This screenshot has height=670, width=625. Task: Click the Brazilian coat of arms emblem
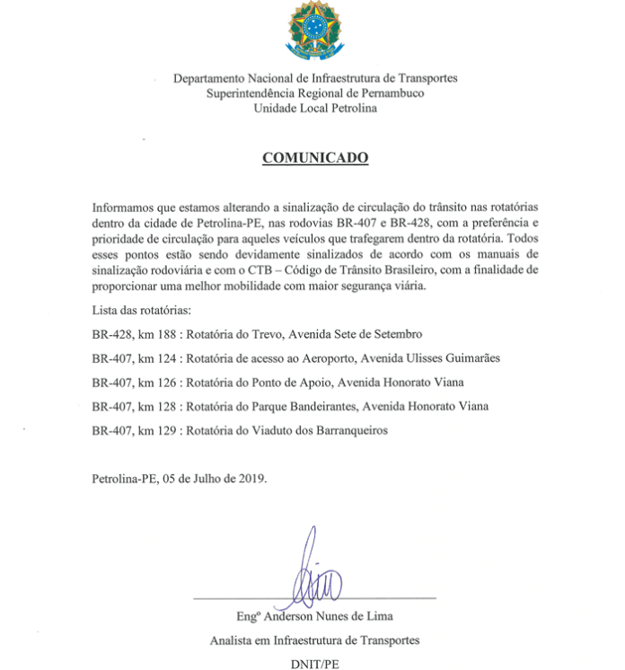pyautogui.click(x=314, y=30)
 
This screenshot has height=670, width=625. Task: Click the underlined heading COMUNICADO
pyautogui.click(x=314, y=157)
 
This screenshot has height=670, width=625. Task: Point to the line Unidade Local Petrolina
pyautogui.click(x=314, y=109)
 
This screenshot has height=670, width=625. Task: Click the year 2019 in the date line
pyautogui.click(x=252, y=478)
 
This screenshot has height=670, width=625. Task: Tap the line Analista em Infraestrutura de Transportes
pyautogui.click(x=314, y=639)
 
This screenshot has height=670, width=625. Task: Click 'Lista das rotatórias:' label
pyautogui.click(x=142, y=311)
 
